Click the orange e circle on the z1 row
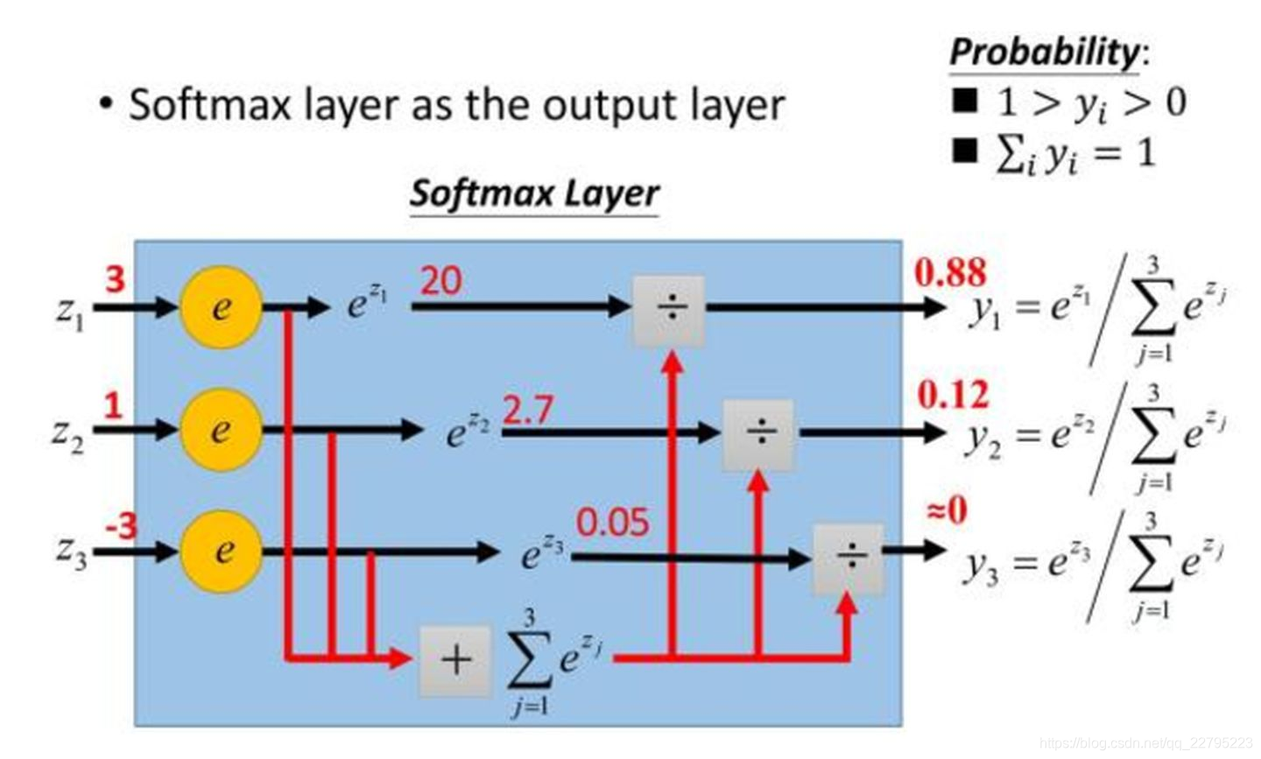pos(221,307)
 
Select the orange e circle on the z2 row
pos(221,429)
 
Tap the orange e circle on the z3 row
pos(222,551)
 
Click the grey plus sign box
pos(455,660)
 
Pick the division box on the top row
pos(670,309)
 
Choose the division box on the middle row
pos(759,434)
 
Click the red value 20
pos(441,282)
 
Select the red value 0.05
pos(613,523)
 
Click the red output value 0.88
pos(950,273)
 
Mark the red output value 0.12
pos(953,396)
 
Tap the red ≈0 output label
pos(948,510)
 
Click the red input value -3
pos(121,527)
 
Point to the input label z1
pos(70,312)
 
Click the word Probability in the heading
pos(1043,52)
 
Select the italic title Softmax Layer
pos(534,193)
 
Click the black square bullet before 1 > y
pos(964,101)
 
